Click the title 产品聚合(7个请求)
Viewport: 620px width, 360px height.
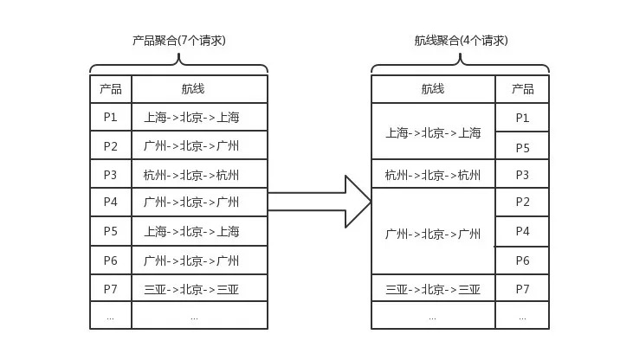coord(178,41)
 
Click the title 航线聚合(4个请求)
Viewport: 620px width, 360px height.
coord(461,41)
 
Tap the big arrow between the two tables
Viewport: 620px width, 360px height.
coord(320,202)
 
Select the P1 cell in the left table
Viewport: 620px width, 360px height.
coord(111,117)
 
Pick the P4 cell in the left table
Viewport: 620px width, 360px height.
coord(111,202)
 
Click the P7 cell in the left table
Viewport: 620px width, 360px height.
coord(111,288)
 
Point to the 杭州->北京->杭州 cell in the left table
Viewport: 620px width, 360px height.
coord(199,174)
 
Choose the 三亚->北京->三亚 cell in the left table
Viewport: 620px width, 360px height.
coord(199,288)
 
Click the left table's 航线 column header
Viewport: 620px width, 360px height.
coord(199,89)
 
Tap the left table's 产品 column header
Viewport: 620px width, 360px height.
coord(111,89)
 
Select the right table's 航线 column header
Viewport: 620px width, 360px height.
coord(433,89)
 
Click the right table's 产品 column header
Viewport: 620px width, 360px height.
coord(522,89)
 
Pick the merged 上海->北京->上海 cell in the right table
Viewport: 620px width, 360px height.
coord(433,132)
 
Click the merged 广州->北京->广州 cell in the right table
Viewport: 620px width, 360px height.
coord(433,231)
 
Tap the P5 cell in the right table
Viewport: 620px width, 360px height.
coord(522,146)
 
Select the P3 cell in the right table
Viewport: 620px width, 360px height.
coord(522,174)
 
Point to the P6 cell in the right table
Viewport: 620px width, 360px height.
coord(522,260)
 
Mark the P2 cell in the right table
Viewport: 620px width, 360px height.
coord(522,202)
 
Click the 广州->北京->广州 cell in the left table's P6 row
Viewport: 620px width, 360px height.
coord(199,260)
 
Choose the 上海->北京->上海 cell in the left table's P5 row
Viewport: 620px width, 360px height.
coord(199,231)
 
